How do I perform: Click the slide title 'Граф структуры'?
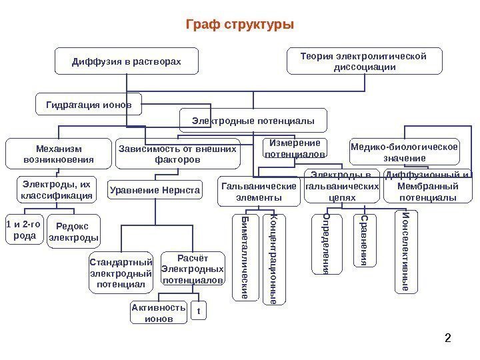239,25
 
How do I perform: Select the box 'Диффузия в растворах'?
126,61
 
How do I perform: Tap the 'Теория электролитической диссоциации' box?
364,61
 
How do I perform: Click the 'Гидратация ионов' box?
88,105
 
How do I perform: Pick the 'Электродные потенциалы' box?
253,121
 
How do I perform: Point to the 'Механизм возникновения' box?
58,153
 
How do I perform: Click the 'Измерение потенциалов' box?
295,149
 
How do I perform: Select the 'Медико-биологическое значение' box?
405,153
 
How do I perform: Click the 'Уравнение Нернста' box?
155,191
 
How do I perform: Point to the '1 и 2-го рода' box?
25,229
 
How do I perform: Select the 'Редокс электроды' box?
73,231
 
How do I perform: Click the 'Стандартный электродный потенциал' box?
121,272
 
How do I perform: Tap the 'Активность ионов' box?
157,313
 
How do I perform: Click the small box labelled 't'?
198,311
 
